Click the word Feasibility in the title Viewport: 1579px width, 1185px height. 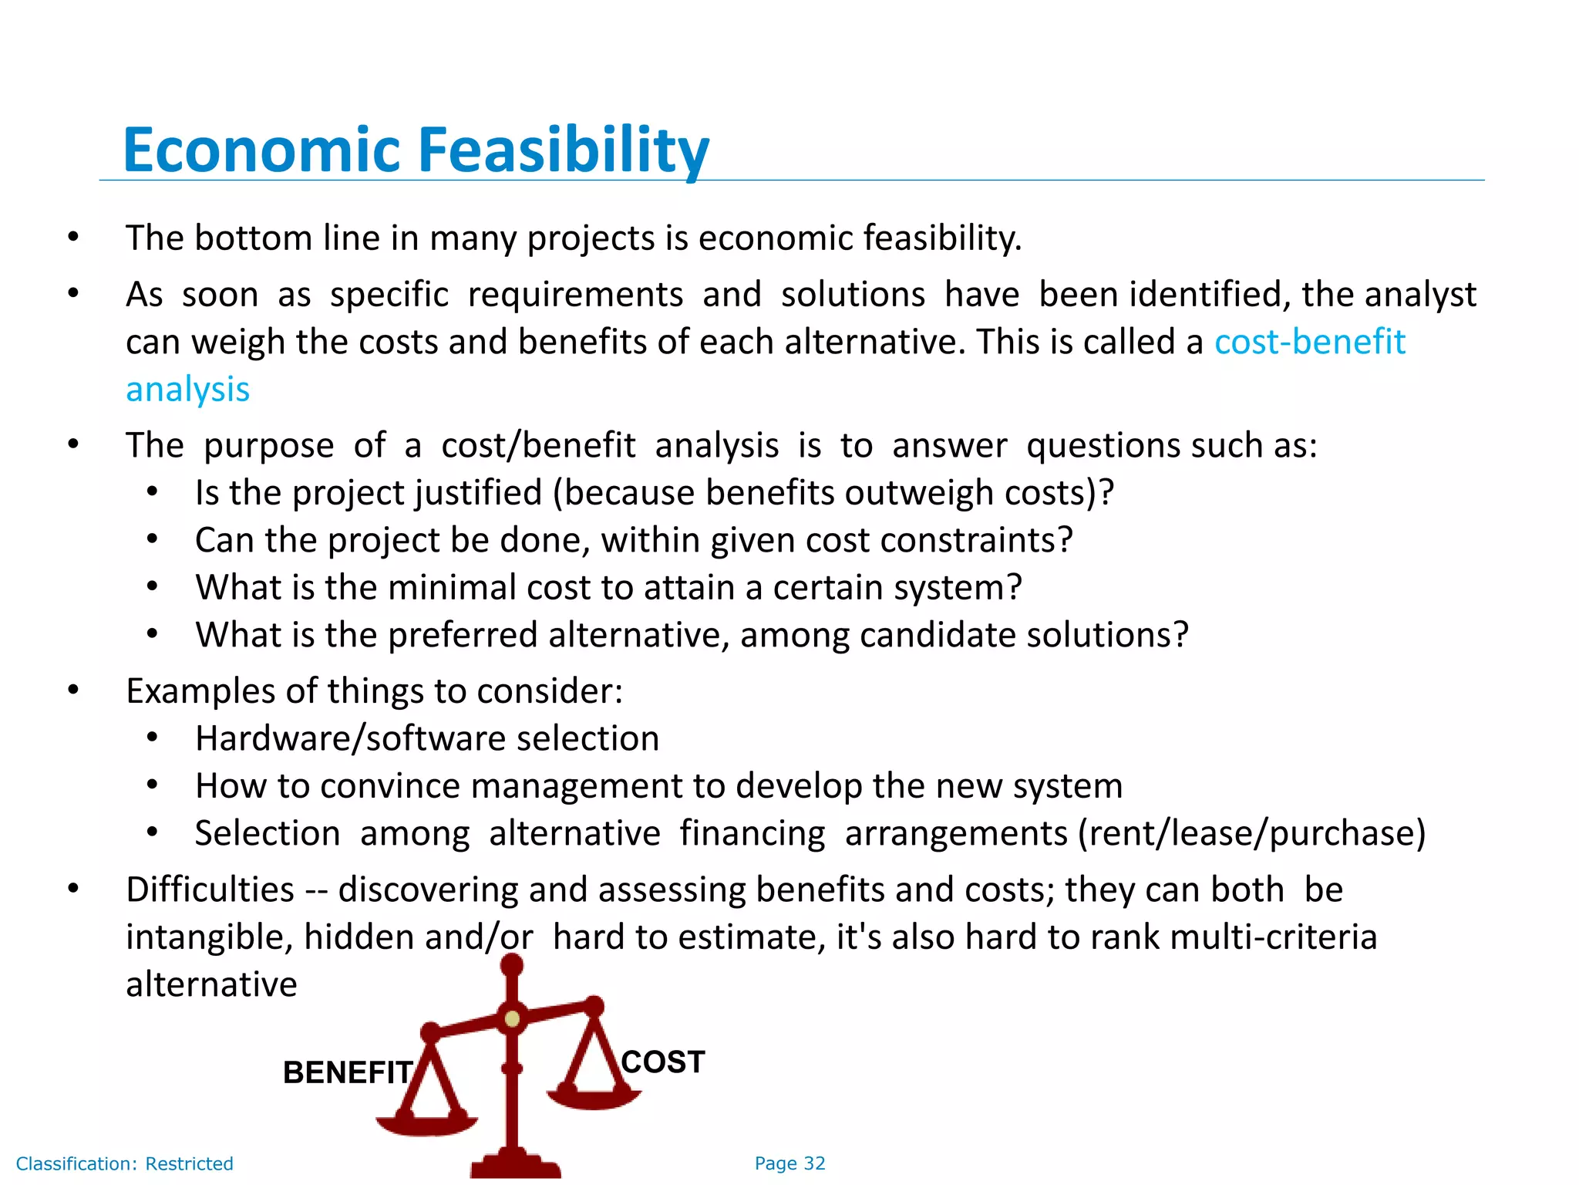point(564,150)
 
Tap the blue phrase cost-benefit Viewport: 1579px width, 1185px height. point(1309,342)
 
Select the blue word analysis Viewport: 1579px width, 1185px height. point(188,390)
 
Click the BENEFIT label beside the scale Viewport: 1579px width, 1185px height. point(348,1072)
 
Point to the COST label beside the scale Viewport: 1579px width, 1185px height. point(663,1062)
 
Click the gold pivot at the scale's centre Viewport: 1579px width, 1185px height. point(512,1020)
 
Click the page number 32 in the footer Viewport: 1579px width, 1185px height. point(814,1163)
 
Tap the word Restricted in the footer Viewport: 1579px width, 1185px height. point(189,1163)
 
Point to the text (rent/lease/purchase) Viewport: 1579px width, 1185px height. point(1251,834)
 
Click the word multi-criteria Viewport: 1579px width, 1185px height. point(1273,937)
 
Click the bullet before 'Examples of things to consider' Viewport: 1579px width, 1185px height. point(73,690)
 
